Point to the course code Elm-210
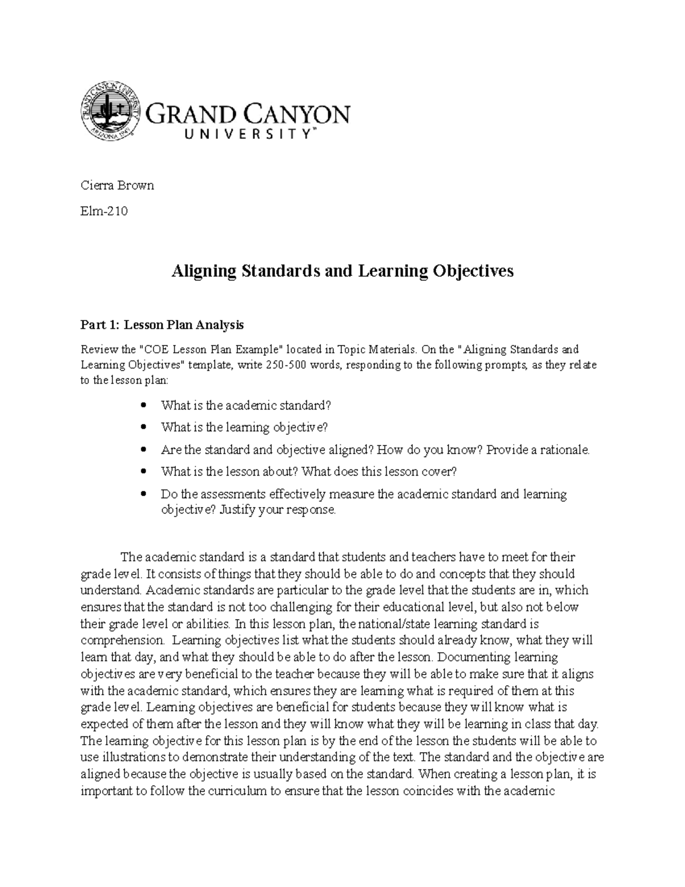pos(104,211)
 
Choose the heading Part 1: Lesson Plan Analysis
pos(162,325)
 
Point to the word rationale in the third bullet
pos(562,450)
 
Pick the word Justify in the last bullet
pos(237,510)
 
